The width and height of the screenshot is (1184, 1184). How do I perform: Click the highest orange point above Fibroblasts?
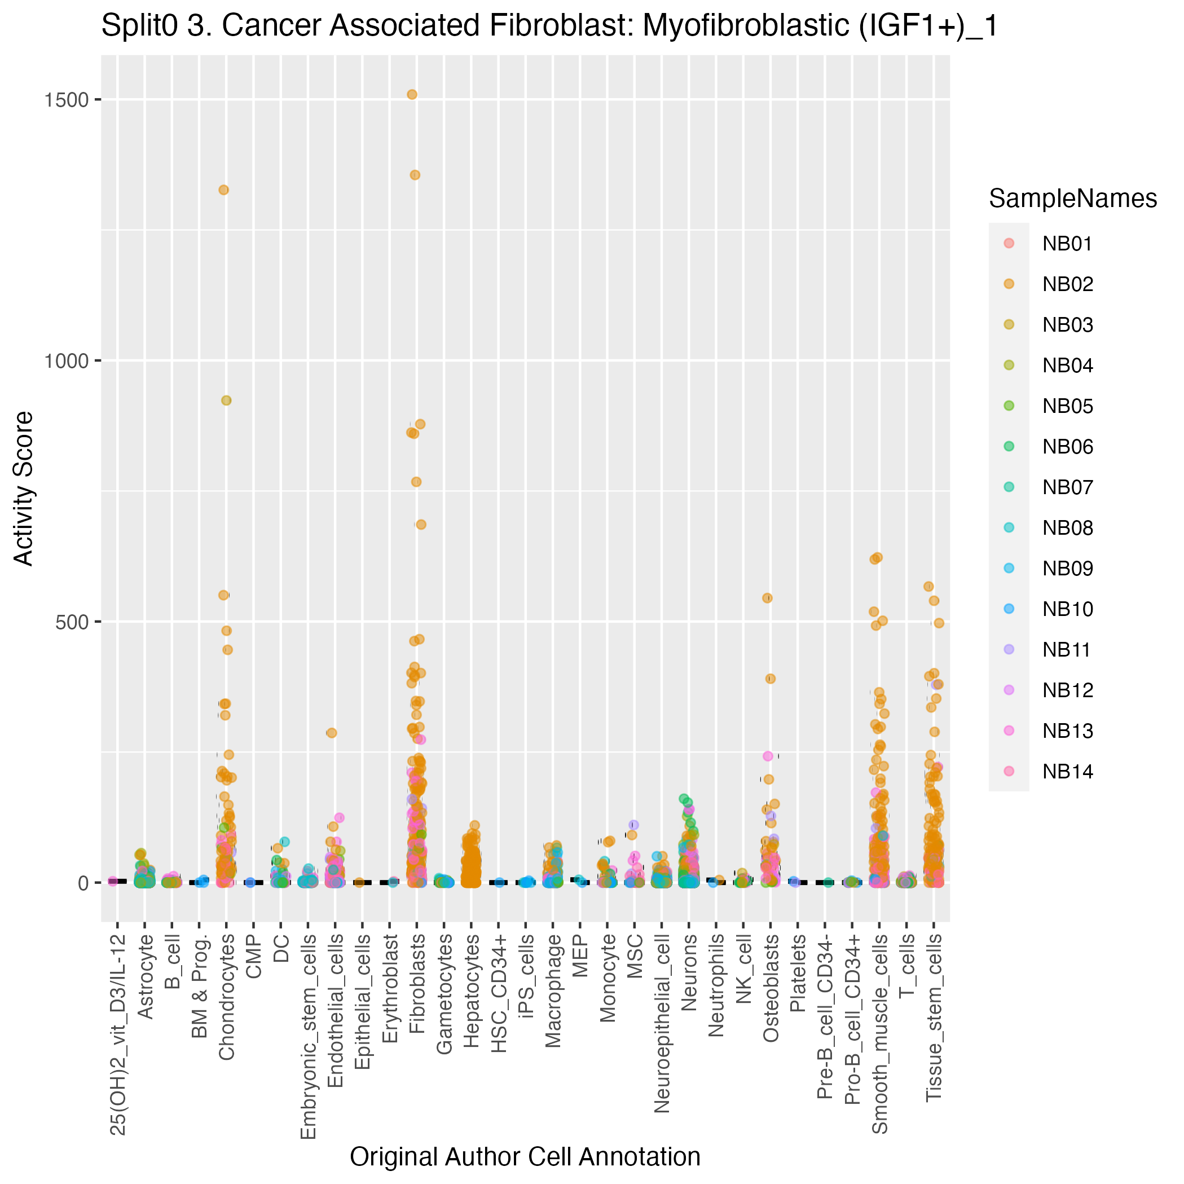tap(412, 94)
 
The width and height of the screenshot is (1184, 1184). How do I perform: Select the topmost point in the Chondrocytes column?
tap(224, 190)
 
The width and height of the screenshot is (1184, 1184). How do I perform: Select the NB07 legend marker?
tap(1009, 487)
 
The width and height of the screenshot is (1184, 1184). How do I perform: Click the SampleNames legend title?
tap(1072, 199)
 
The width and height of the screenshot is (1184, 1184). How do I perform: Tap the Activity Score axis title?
tap(24, 488)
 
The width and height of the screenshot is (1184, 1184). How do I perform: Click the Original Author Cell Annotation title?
tap(525, 1157)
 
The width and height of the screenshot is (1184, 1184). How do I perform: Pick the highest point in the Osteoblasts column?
tap(767, 598)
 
